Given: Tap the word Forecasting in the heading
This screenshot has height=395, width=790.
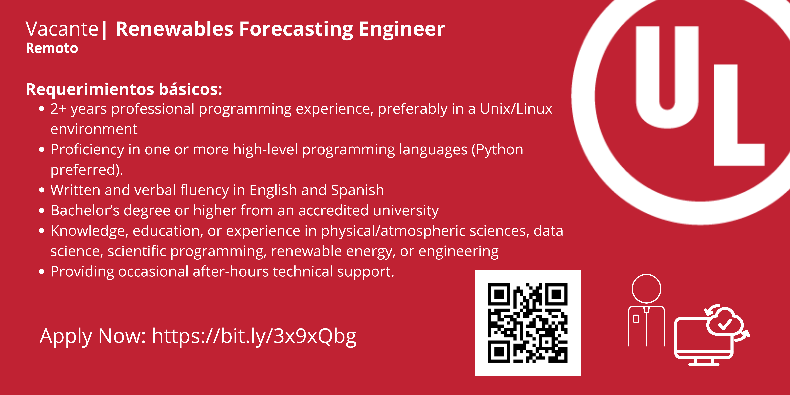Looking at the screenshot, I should tap(296, 29).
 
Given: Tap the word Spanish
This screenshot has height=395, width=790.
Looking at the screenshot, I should tap(357, 190).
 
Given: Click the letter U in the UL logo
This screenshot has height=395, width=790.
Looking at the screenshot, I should tap(667, 77).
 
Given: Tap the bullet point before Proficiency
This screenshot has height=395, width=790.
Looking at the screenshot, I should tap(42, 150).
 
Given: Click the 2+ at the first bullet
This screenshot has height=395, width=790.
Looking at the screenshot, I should tap(58, 109).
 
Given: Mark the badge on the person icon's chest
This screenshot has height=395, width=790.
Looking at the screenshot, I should tap(636, 319).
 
